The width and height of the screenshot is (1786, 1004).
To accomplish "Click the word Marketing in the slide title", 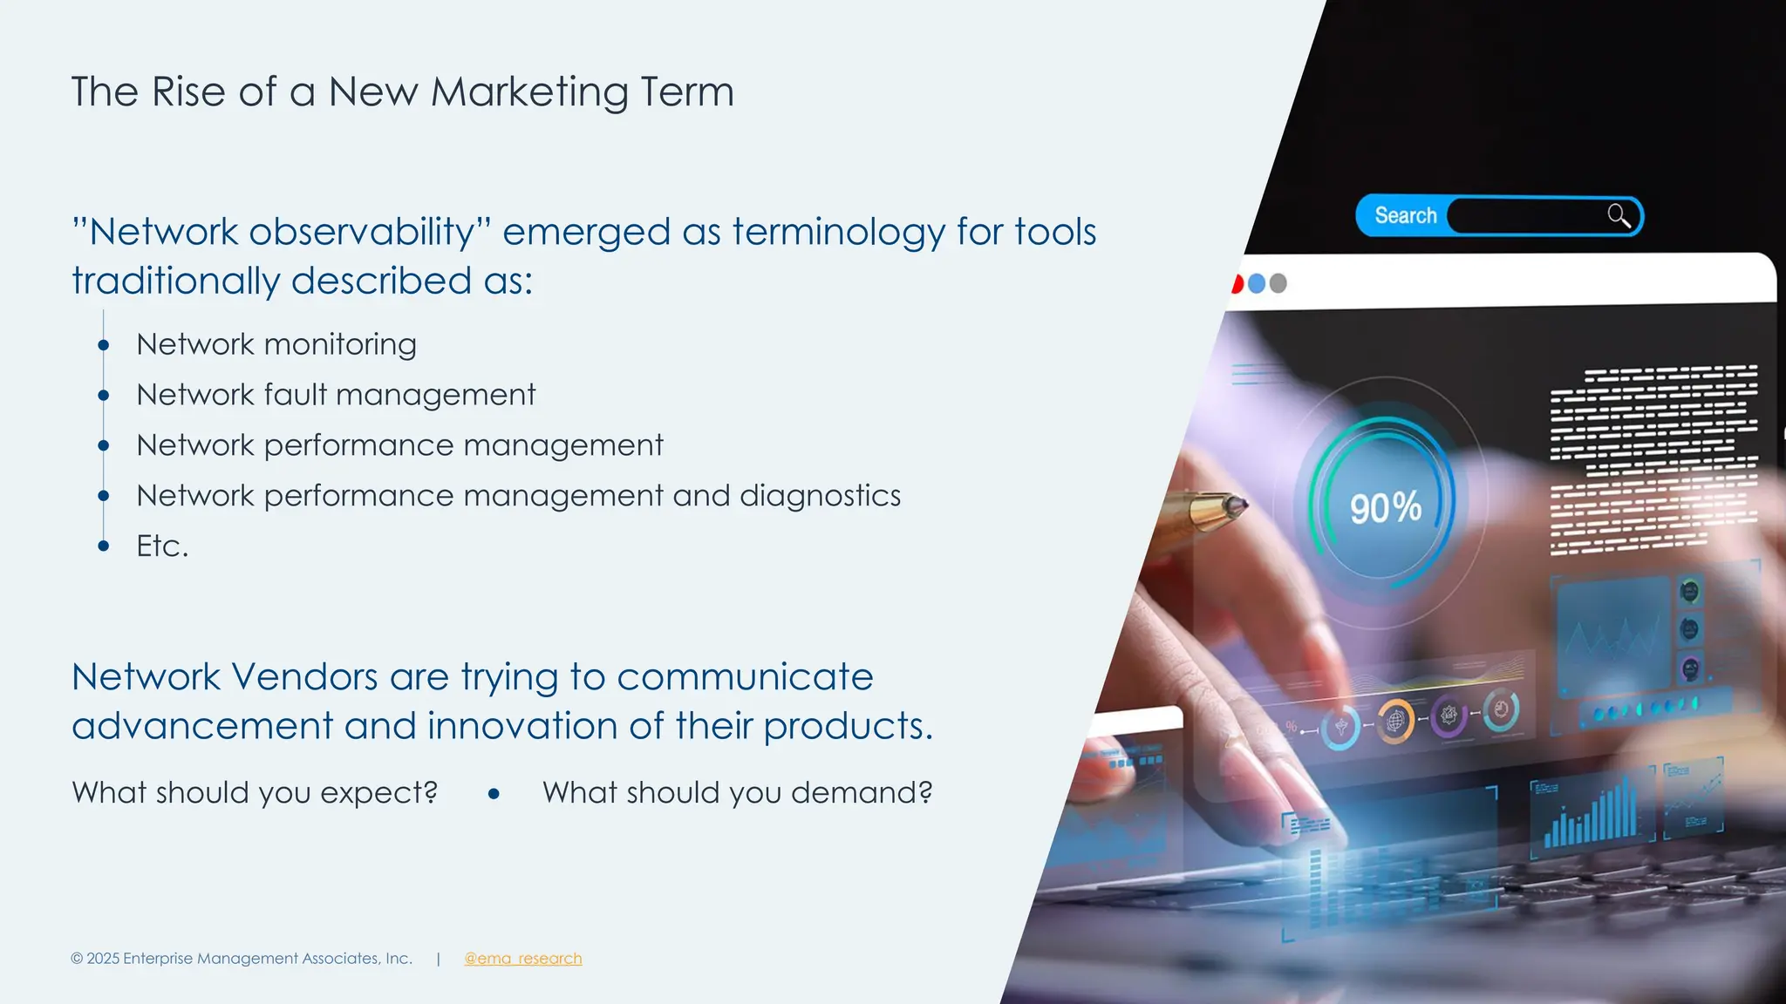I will point(529,92).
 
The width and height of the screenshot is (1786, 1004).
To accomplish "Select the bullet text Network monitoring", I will point(276,344).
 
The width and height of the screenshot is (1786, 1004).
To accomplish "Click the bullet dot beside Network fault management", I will point(104,396).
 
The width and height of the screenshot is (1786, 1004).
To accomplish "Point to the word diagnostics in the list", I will point(820,496).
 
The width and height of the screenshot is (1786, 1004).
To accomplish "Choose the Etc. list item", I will point(162,546).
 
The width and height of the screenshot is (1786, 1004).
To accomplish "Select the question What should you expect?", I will point(255,793).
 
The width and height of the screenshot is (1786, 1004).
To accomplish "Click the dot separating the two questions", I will point(494,794).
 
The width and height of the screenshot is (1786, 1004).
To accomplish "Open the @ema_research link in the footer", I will point(522,959).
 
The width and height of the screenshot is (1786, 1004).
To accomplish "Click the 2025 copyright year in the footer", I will point(102,959).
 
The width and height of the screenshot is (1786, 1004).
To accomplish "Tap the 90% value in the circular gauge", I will point(1385,508).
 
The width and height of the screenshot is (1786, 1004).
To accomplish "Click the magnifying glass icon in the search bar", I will point(1619,215).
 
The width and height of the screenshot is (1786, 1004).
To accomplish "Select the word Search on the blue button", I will point(1405,215).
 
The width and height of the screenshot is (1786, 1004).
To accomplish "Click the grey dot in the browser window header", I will point(1278,283).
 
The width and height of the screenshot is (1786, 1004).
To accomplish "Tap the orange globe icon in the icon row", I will point(1395,722).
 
